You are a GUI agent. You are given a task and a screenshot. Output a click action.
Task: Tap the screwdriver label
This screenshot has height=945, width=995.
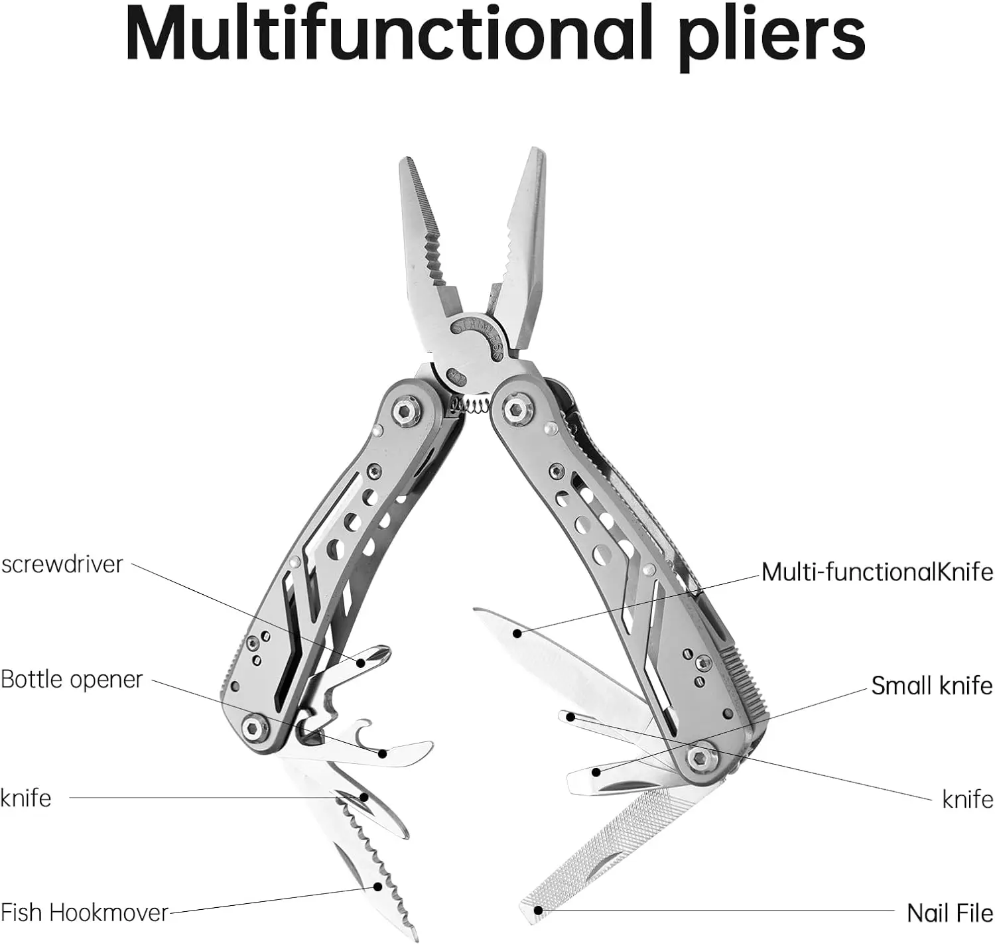62,565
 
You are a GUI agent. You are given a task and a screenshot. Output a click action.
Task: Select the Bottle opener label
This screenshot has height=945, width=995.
72,680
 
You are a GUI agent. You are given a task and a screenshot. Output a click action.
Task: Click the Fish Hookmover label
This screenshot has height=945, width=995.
85,913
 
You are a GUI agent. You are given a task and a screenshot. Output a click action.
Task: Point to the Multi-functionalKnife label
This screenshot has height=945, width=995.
877,572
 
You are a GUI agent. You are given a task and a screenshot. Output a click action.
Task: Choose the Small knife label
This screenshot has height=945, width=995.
931,686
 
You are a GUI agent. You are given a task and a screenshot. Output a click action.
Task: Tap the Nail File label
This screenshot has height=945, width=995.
949,913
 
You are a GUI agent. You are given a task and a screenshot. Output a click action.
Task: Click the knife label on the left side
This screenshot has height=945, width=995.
26,798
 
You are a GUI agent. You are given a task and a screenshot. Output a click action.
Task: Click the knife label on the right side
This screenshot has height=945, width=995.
967,800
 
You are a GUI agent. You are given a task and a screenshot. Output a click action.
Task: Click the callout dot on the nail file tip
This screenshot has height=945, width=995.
539,911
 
